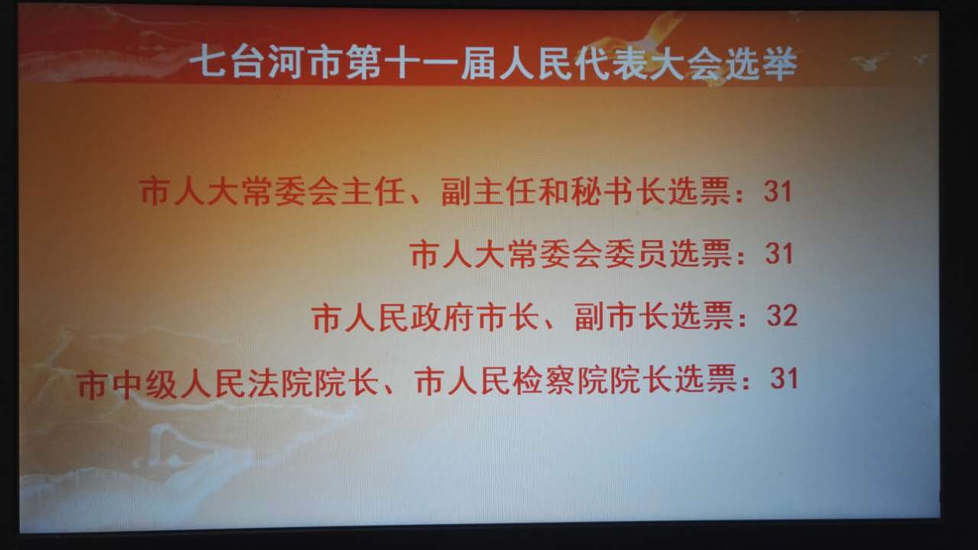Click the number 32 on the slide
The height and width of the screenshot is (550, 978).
(782, 315)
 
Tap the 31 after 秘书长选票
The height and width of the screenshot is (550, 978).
(778, 191)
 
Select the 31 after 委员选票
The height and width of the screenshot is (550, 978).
(779, 253)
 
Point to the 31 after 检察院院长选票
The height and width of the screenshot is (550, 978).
(784, 378)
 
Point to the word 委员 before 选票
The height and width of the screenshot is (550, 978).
(635, 254)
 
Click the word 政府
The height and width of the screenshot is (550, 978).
(442, 317)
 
